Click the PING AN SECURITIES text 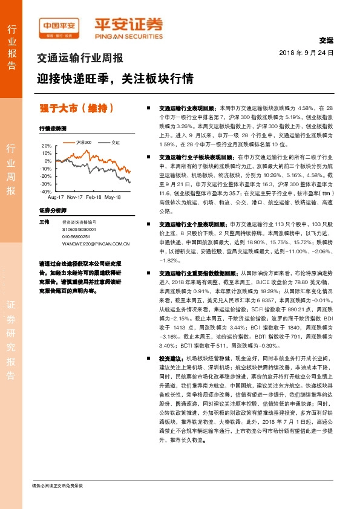pyautogui.click(x=128, y=36)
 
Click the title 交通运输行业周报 pyautogui.click(x=80, y=59)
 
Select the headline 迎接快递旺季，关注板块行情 pyautogui.click(x=115, y=78)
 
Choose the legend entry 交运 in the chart pyautogui.click(x=116, y=142)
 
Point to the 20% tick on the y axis pyautogui.click(x=47, y=146)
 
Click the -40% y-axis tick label pyautogui.click(x=45, y=191)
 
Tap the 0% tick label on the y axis pyautogui.click(x=48, y=161)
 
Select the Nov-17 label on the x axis pyautogui.click(x=75, y=197)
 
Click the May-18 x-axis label pyautogui.click(x=113, y=197)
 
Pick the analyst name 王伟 pyautogui.click(x=44, y=222)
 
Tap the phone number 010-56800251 pyautogui.click(x=76, y=237)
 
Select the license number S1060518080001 pyautogui.click(x=79, y=230)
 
